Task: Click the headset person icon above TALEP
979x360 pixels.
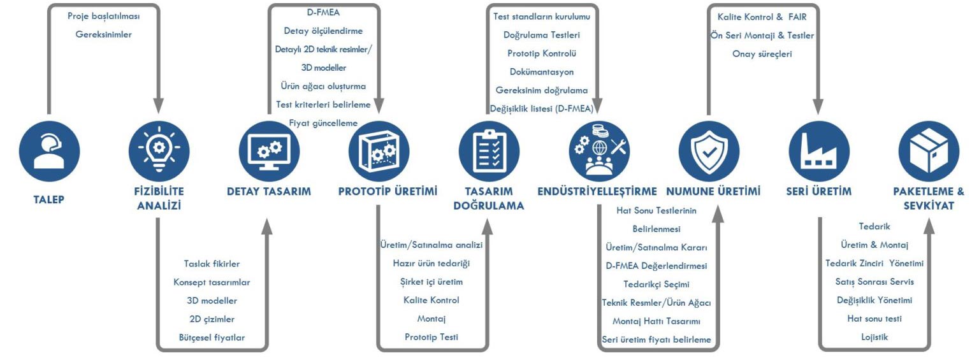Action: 48,151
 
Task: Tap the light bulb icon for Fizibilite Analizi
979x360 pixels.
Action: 158,151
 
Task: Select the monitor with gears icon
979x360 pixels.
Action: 268,151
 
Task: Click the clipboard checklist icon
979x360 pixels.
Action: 489,151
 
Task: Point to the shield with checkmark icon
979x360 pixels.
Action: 708,151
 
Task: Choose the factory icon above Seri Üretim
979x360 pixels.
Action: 818,151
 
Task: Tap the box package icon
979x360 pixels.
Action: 929,151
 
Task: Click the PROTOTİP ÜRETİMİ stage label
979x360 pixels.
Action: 388,191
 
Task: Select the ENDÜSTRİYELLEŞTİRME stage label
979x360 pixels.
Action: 597,191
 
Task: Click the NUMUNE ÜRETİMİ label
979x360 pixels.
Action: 713,191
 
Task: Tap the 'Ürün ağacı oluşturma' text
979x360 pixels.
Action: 323,86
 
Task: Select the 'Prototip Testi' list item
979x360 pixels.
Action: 431,336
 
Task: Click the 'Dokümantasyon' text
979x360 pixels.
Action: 542,71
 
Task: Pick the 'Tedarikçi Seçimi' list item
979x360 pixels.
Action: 656,284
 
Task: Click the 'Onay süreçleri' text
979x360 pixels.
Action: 762,54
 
